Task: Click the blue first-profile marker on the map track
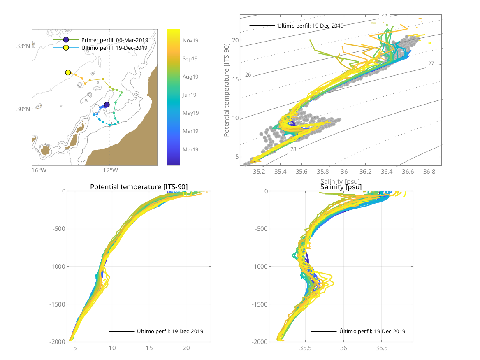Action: (x=107, y=105)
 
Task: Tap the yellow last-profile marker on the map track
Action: (x=68, y=72)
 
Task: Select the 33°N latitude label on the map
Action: (x=23, y=46)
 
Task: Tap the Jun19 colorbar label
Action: (x=190, y=95)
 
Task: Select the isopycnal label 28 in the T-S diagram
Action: (x=293, y=149)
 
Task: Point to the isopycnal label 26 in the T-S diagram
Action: (x=248, y=75)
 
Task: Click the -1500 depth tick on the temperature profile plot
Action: (x=60, y=304)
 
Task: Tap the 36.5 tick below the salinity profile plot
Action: (x=382, y=348)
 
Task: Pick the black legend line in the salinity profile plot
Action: (x=323, y=331)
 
